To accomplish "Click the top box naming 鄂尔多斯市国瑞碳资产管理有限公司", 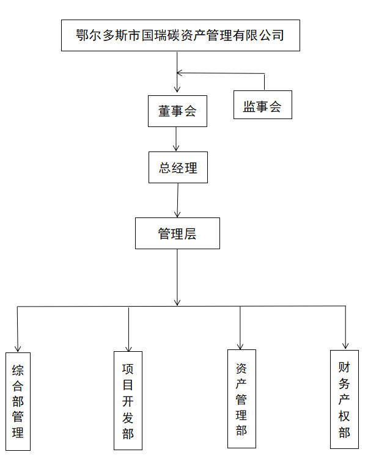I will tap(180, 35).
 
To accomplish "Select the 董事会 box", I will tap(177, 111).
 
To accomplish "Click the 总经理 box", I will tap(178, 167).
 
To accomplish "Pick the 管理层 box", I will tap(177, 233).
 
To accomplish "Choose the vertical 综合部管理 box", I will tap(18, 401).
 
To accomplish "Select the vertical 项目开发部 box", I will tap(128, 400).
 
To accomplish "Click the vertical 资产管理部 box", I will tap(241, 398).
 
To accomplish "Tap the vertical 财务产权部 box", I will tap(344, 399).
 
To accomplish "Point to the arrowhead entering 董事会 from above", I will tap(177, 90).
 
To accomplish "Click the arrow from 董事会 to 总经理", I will tap(177, 139).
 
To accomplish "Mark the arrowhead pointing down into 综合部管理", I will tap(18, 348).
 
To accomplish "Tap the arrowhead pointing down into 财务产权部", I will tap(345, 345).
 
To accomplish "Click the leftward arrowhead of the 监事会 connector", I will tap(180, 73).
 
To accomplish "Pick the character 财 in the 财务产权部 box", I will tap(344, 368).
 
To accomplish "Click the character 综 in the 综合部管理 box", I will tap(18, 370).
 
